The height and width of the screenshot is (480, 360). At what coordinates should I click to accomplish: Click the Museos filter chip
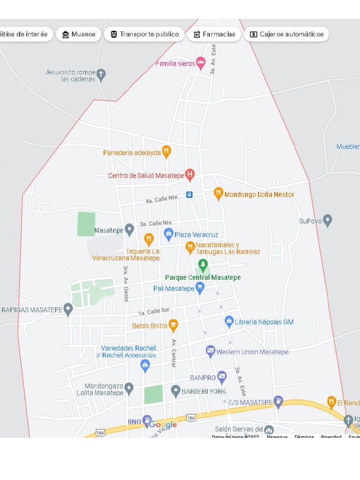(79, 34)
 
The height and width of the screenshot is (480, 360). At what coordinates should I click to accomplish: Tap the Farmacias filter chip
(214, 34)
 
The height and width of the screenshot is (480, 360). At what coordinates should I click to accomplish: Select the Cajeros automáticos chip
(286, 34)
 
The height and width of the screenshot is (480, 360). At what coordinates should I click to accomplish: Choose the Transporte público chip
(144, 34)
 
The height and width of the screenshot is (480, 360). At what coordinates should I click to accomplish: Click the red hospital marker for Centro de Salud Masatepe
(190, 175)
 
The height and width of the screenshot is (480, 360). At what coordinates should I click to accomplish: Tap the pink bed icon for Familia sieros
(201, 63)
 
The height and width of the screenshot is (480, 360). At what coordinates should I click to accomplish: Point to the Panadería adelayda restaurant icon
(166, 151)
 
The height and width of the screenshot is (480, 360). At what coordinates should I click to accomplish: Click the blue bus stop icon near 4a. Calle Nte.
(189, 195)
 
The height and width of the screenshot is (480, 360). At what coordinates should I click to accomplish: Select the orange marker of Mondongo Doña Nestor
(218, 193)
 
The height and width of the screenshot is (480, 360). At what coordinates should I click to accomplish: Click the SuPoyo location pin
(328, 220)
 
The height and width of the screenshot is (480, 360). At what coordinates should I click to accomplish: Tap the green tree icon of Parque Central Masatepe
(203, 265)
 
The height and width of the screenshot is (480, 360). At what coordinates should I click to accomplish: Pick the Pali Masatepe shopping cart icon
(200, 287)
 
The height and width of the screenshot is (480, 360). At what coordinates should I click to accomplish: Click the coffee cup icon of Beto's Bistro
(173, 324)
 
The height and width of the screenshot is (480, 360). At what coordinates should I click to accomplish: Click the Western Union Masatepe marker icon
(211, 351)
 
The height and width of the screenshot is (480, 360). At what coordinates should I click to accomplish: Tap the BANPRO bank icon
(222, 376)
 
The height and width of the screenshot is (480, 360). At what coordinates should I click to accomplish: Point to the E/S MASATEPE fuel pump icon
(278, 401)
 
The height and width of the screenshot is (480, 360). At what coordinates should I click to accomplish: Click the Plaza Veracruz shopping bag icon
(169, 233)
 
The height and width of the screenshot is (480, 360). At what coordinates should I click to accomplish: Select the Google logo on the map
(163, 425)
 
